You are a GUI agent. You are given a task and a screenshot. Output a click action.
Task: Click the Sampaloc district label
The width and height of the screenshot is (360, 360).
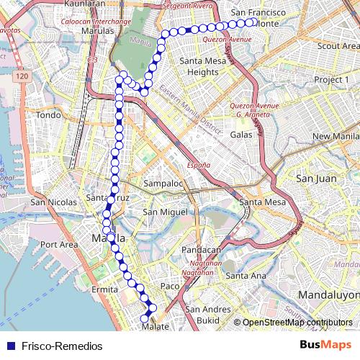163,184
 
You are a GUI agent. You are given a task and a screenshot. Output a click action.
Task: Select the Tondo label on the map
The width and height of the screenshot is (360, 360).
49,115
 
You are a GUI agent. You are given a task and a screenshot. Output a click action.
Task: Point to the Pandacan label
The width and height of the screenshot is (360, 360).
201,250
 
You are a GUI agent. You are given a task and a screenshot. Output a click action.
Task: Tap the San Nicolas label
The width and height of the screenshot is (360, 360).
53,203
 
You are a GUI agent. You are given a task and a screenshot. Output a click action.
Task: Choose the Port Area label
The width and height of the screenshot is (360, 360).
59,245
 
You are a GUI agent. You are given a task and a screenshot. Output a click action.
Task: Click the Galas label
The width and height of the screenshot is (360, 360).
241,135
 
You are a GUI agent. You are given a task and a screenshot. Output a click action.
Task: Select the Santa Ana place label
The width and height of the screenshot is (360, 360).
246,276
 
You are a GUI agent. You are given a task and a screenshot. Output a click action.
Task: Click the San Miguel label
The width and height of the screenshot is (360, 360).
165,212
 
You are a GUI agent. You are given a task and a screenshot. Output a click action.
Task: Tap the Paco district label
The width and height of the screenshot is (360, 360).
169,287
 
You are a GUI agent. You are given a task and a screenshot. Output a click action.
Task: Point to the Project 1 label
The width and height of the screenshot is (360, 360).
331,78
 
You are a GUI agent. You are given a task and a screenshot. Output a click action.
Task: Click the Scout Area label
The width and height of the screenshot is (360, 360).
338,45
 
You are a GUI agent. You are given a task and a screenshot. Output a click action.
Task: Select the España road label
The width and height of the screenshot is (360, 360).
199,165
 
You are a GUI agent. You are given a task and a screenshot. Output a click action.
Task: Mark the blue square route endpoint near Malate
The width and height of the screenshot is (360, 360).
151,309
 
